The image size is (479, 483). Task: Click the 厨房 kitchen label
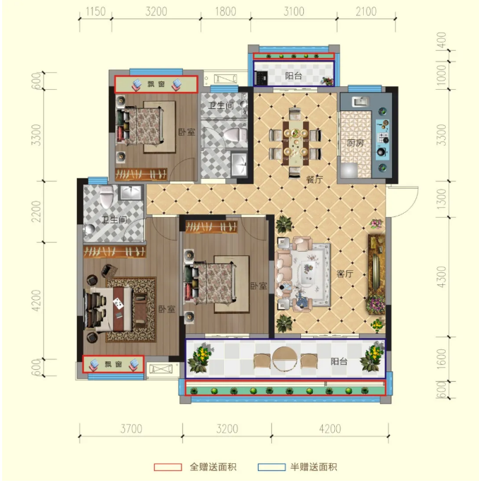point(355,143)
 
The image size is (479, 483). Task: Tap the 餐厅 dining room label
point(314,180)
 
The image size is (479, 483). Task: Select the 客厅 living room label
point(345,274)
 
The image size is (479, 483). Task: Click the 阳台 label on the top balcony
point(293,76)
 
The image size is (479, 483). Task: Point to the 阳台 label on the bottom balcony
point(339,361)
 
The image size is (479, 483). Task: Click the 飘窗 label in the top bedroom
point(156,84)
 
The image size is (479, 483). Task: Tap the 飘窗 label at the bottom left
point(113,364)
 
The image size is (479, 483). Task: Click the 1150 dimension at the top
point(95,12)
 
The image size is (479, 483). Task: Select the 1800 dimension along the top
point(225,12)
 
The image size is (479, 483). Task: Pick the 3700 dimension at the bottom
point(131,429)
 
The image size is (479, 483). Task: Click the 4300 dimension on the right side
point(442,277)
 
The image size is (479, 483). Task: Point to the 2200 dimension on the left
point(36,211)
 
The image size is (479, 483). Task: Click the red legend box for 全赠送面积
point(167,467)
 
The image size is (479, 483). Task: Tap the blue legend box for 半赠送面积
point(271,467)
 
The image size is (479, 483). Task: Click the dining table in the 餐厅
point(295,143)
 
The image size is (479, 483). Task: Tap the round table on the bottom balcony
point(285,359)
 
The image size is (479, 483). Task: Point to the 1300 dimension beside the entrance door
point(442,199)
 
